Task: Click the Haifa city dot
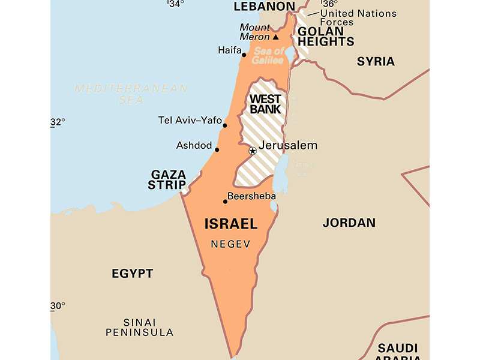click(244, 55)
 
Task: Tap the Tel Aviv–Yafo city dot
click(225, 125)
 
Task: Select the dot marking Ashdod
click(217, 150)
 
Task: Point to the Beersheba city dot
click(225, 202)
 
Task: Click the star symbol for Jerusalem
click(253, 151)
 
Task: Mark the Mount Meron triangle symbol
click(276, 37)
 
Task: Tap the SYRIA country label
click(376, 61)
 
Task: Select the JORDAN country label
click(349, 223)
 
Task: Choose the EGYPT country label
click(132, 274)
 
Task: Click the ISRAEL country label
click(231, 224)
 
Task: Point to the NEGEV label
click(230, 244)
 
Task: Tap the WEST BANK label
click(266, 104)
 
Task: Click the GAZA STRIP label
click(167, 179)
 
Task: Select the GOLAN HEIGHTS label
click(326, 37)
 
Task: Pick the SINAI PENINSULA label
click(139, 327)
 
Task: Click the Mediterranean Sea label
click(131, 94)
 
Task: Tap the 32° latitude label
click(58, 122)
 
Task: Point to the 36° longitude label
click(330, 3)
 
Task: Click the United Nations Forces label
click(358, 17)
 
